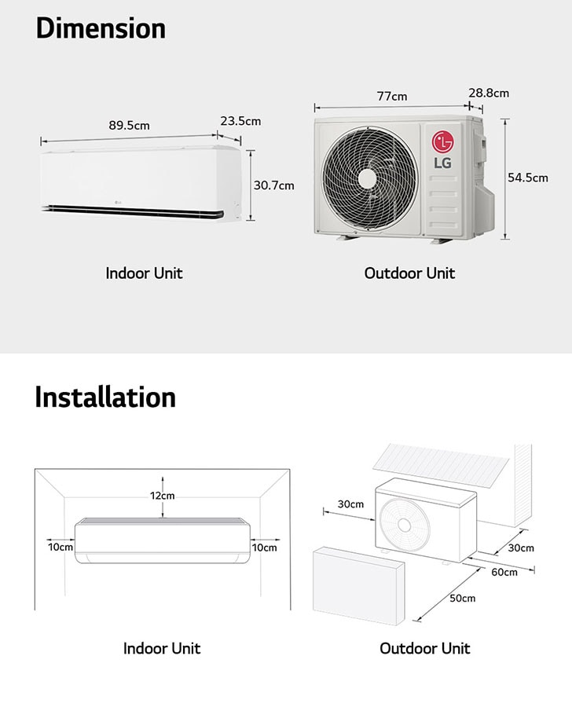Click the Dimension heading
click(x=101, y=28)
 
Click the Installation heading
click(x=105, y=397)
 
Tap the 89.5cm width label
click(x=129, y=126)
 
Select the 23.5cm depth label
click(x=240, y=121)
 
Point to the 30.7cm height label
click(x=273, y=185)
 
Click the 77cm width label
click(x=392, y=97)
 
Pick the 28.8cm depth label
click(x=489, y=93)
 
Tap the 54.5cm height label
click(x=528, y=178)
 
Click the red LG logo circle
click(x=442, y=142)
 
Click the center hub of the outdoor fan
click(x=367, y=179)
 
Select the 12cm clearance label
click(x=163, y=496)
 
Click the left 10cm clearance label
click(x=60, y=548)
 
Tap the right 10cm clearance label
click(x=264, y=548)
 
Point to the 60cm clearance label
click(x=504, y=572)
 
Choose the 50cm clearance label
click(x=462, y=599)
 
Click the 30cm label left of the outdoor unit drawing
click(x=350, y=504)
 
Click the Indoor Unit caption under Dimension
click(x=144, y=273)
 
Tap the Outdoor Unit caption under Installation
click(x=425, y=648)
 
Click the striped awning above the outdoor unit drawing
click(x=442, y=466)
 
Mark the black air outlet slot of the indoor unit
click(x=134, y=211)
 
